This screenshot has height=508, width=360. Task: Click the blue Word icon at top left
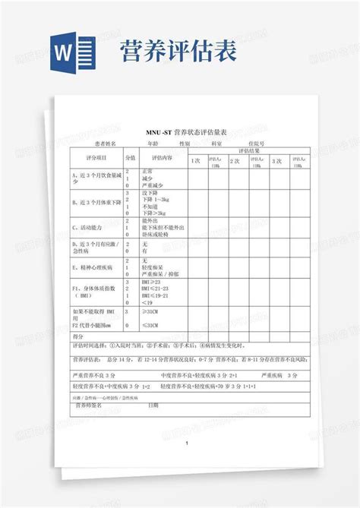(74, 51)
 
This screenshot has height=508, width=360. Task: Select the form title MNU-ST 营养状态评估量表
(181, 132)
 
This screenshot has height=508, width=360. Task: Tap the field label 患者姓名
(106, 144)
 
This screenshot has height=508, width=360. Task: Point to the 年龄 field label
(153, 144)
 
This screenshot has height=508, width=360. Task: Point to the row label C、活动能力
(88, 227)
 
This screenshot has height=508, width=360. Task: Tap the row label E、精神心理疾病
(93, 268)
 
